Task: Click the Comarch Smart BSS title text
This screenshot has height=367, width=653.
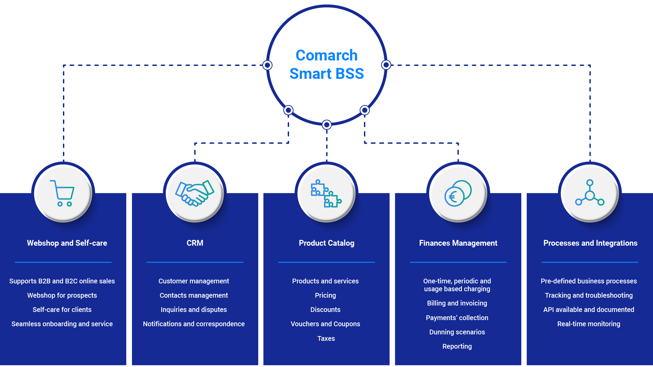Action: pyautogui.click(x=326, y=64)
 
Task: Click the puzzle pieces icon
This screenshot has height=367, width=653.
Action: pyautogui.click(x=326, y=193)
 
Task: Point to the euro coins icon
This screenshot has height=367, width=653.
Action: pyautogui.click(x=458, y=193)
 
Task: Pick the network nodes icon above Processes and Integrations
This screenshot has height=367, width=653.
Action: pyautogui.click(x=590, y=193)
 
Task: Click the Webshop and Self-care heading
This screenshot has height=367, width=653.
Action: pyautogui.click(x=67, y=243)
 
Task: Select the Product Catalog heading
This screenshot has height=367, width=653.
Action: pyautogui.click(x=326, y=243)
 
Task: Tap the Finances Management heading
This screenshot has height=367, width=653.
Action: pyautogui.click(x=458, y=243)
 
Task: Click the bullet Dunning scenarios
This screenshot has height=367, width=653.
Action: pyautogui.click(x=457, y=332)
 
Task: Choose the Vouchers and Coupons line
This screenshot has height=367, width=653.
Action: pyautogui.click(x=325, y=324)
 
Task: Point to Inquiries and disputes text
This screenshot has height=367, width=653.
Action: pyautogui.click(x=194, y=310)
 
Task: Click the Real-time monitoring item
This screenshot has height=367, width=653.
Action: pyautogui.click(x=588, y=324)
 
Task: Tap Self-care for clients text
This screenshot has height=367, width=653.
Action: pyautogui.click(x=62, y=310)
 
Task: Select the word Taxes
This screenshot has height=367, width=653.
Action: pyautogui.click(x=326, y=338)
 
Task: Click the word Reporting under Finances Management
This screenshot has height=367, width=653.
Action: pyautogui.click(x=457, y=346)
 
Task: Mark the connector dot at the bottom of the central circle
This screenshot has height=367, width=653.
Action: pyautogui.click(x=326, y=125)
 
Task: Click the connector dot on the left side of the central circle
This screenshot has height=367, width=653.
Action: pyautogui.click(x=267, y=65)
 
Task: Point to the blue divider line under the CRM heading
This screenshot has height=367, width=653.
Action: pyautogui.click(x=195, y=262)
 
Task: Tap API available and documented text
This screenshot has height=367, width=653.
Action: pyautogui.click(x=588, y=310)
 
